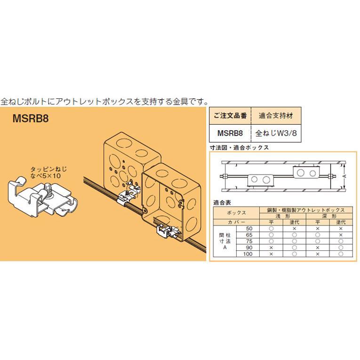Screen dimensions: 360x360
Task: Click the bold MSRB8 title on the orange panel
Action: (31, 119)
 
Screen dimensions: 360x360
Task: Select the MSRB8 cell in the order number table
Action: (230, 133)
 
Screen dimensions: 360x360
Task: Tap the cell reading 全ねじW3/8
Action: (276, 133)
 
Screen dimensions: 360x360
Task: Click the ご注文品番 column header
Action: (230, 115)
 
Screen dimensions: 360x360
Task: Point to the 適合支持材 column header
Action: (276, 115)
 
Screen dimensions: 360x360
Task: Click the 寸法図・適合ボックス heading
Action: (239, 147)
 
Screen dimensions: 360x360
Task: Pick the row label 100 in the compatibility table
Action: (248, 253)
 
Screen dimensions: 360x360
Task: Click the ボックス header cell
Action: (236, 213)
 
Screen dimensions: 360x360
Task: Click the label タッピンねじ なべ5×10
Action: (46, 171)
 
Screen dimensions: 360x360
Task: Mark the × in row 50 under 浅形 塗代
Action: (294, 228)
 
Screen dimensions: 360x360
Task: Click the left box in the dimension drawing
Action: (261, 178)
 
